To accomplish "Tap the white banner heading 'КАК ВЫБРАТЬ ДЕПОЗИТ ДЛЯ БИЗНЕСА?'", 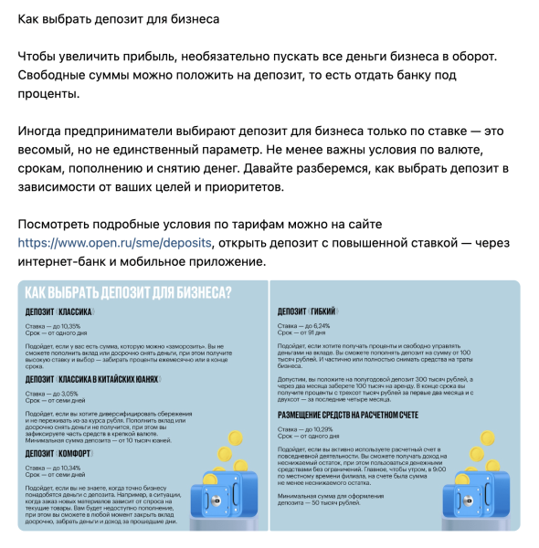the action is [127, 292].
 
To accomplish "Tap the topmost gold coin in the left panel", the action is [235, 439].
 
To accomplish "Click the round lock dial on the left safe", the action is [217, 500].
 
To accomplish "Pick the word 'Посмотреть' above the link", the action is [57, 225].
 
